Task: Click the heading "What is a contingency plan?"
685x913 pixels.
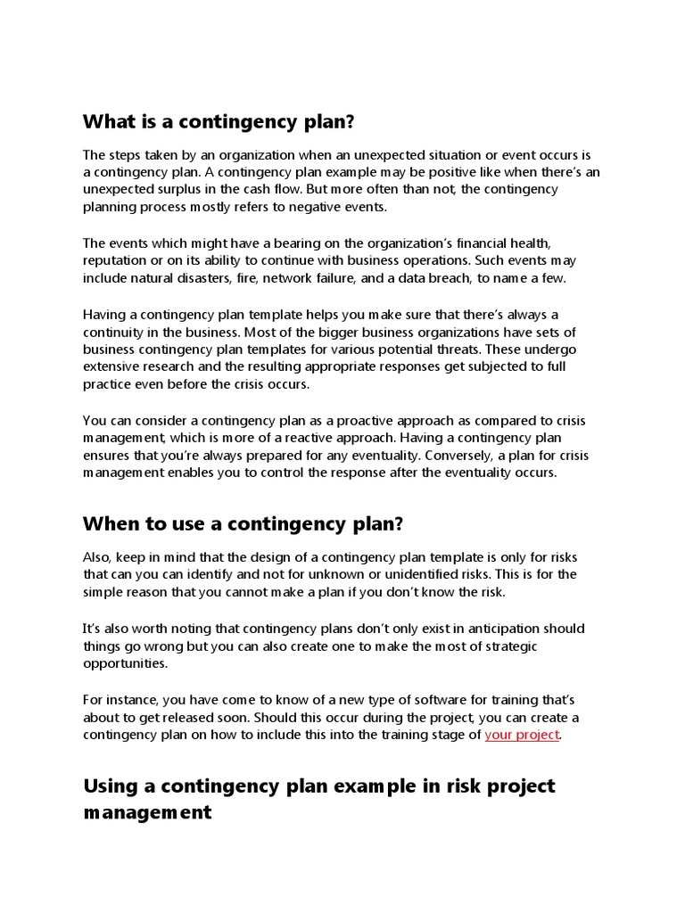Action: pyautogui.click(x=225, y=121)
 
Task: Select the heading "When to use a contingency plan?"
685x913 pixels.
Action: pyautogui.click(x=239, y=522)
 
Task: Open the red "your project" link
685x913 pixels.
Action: pyautogui.click(x=522, y=735)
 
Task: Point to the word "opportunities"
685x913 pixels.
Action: pyautogui.click(x=124, y=664)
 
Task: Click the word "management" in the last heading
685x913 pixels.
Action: pyautogui.click(x=147, y=812)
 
